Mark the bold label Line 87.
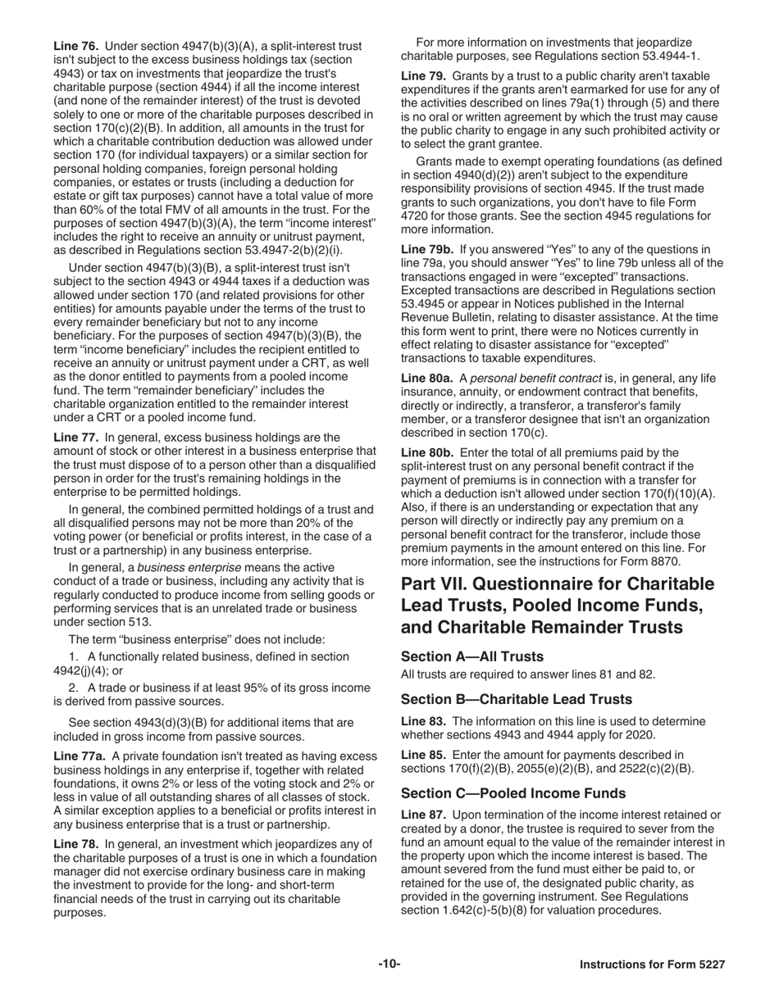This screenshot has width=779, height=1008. [423, 814]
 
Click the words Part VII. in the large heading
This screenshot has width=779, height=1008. [435, 584]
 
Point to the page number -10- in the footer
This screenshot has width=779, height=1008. [389, 965]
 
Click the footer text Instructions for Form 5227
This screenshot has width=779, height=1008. [652, 965]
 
